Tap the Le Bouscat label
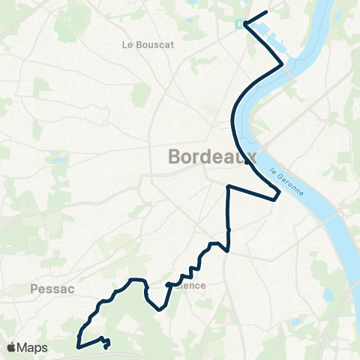(x=148, y=44)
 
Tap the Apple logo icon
(x=11, y=347)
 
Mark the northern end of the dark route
(x=266, y=13)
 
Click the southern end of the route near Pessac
(x=106, y=346)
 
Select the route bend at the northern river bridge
(x=283, y=65)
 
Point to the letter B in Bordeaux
(x=175, y=157)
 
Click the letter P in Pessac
(x=34, y=287)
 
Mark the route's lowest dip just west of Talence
(x=160, y=308)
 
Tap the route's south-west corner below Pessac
(x=78, y=346)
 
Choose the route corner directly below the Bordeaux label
(x=228, y=185)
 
